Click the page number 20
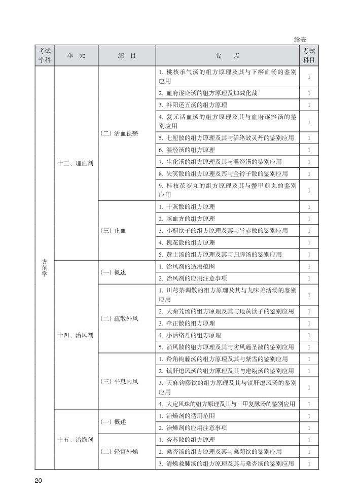pos(39,480)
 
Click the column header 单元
pos(76,56)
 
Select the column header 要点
pos(227,56)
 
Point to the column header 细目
pos(126,56)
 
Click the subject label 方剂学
pos(44,267)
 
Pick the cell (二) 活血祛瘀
pos(120,133)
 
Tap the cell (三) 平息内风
pos(120,381)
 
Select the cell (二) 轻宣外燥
pos(120,451)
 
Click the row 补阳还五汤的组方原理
pos(193,105)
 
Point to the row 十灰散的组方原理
pos(187,207)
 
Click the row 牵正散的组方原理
pos(187,323)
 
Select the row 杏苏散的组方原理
pos(187,440)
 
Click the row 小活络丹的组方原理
pos(190,335)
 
